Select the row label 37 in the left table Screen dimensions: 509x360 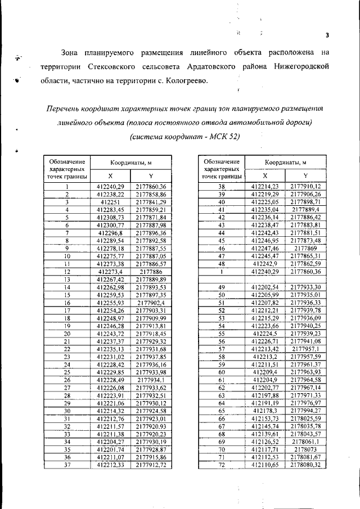[x=67, y=465]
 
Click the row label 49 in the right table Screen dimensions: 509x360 [x=221, y=287]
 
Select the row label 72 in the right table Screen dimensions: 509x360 [x=221, y=465]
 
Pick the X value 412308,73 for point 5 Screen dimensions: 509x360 [x=110, y=217]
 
